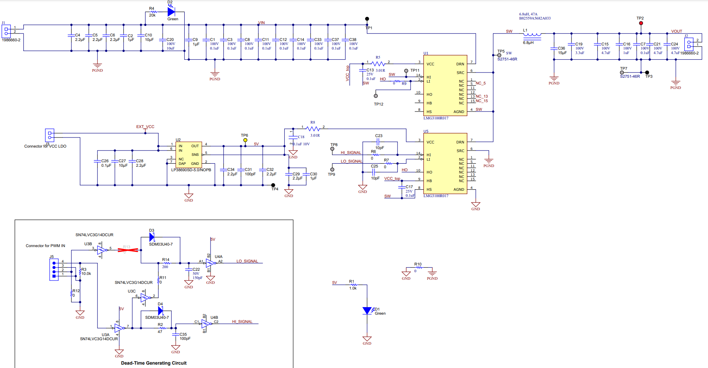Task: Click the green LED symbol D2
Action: (171, 12)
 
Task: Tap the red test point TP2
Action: (641, 23)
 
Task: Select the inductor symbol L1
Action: (532, 35)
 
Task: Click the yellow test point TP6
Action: (245, 140)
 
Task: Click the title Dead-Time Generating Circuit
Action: (153, 363)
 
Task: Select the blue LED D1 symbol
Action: (367, 311)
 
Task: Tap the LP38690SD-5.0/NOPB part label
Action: (191, 170)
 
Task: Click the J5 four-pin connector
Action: (54, 270)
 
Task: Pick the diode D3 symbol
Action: (152, 237)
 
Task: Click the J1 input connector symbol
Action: (6, 31)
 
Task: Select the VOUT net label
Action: (676, 31)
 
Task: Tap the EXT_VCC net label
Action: (145, 127)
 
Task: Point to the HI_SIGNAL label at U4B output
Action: (242, 322)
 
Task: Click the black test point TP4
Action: (273, 185)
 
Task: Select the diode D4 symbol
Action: (161, 311)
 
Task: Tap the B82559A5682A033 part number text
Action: (535, 18)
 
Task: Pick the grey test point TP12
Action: (376, 96)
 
